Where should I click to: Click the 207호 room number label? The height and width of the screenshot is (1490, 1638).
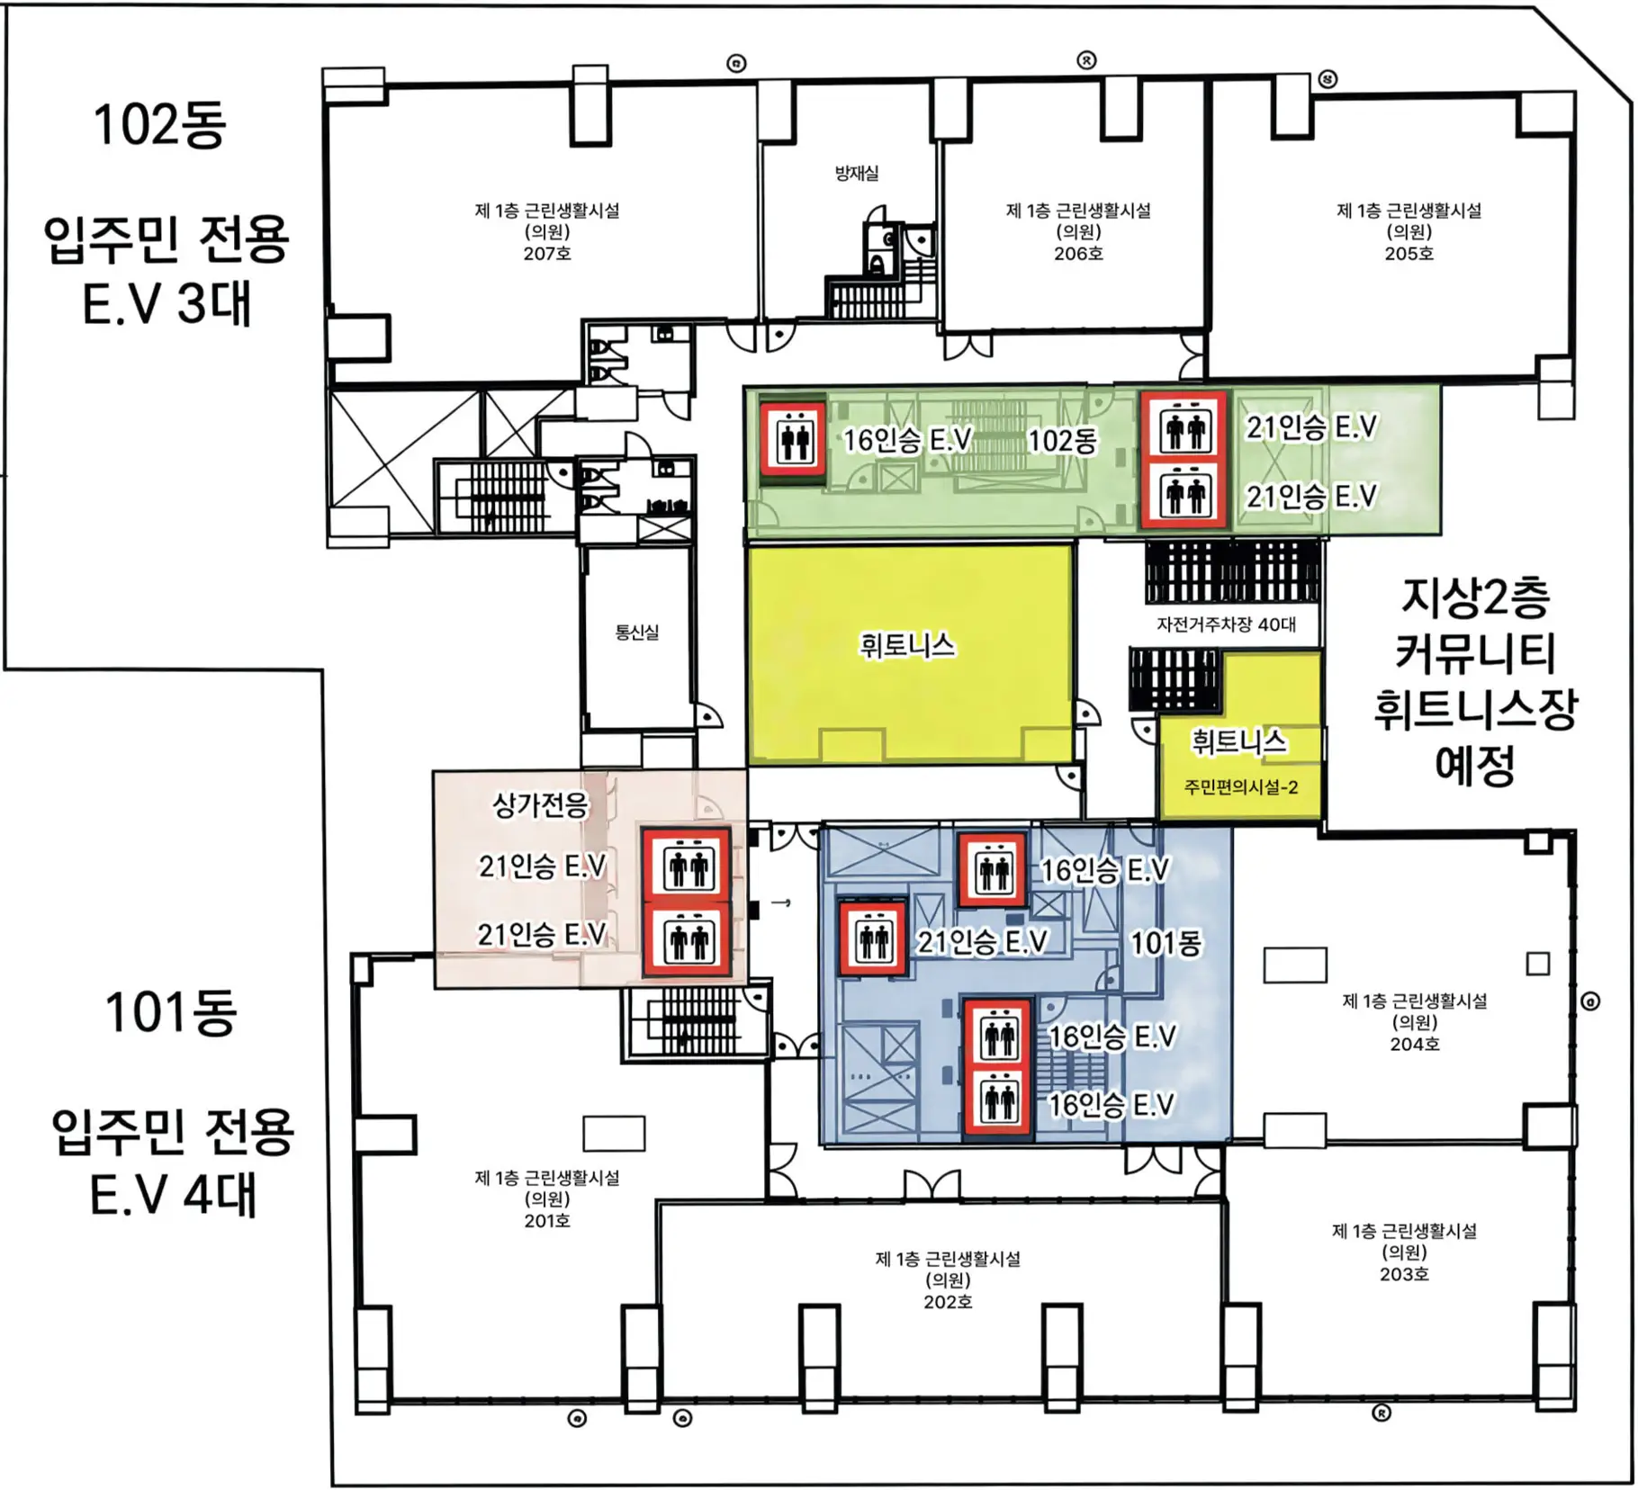tap(547, 254)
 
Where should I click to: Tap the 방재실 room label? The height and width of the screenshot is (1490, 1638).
tap(856, 173)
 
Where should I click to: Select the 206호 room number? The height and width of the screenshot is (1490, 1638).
tap(1078, 254)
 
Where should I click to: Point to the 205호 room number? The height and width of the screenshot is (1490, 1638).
tap(1408, 254)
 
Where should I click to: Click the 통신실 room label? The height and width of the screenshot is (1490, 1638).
tap(637, 633)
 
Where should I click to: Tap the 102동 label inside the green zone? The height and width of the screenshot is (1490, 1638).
tap(1062, 441)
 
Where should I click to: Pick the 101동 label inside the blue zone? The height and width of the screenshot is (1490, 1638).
tap(1165, 943)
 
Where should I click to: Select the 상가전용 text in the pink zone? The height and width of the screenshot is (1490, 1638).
tap(541, 804)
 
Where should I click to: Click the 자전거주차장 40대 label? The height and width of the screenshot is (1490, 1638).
tap(1226, 624)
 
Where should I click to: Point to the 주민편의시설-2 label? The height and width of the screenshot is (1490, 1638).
tap(1241, 787)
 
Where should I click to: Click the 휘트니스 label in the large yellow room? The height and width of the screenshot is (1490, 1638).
tap(907, 645)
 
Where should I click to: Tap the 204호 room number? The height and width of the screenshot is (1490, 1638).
tap(1414, 1044)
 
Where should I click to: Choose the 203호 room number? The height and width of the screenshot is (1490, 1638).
tap(1404, 1274)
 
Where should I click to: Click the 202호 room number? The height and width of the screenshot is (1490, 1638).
tap(948, 1302)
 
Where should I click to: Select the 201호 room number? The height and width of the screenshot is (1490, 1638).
tap(547, 1221)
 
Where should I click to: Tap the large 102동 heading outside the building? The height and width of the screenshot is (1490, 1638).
tap(160, 124)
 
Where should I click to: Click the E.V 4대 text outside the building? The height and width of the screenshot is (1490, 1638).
tap(174, 1194)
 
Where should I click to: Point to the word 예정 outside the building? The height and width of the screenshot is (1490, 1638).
tap(1475, 764)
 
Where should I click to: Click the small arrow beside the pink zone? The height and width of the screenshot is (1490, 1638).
tap(780, 902)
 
